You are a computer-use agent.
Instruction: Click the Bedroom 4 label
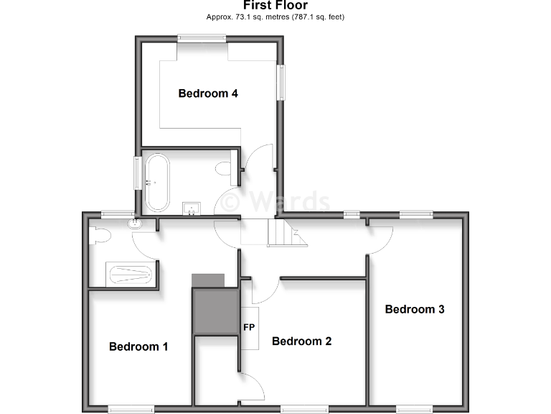208,93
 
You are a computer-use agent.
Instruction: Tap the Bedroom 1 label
138,346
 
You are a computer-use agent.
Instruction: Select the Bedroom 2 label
301,341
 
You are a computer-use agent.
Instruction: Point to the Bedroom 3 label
415,309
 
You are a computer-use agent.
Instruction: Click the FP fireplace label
250,328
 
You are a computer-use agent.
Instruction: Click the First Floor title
275,6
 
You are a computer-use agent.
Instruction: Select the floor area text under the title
275,17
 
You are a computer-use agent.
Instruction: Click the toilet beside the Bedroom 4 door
224,170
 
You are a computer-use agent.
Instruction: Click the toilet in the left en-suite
98,235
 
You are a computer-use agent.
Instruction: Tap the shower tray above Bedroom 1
130,274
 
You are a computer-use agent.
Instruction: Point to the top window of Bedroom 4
201,38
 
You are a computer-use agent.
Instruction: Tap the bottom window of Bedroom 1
131,409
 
